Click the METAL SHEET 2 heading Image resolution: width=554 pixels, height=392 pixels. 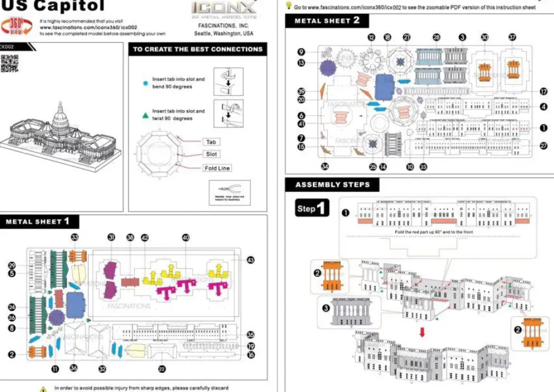[327, 21]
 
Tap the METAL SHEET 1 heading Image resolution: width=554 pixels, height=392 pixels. [38, 221]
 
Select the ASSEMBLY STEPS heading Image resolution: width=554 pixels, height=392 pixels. [332, 185]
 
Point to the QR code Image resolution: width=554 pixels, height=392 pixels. [9, 63]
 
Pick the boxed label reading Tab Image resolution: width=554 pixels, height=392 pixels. [210, 142]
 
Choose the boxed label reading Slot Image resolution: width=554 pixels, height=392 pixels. [211, 154]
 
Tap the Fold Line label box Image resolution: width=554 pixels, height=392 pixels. [217, 168]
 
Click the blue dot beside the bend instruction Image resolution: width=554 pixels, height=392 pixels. [145, 83]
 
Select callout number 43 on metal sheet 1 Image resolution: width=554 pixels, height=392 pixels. [251, 260]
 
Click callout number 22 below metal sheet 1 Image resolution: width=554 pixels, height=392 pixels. [162, 369]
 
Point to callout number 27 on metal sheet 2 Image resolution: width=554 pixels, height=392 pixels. [543, 146]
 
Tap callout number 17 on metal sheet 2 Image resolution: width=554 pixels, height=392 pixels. [543, 91]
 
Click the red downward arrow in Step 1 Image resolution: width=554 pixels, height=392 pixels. [423, 332]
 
